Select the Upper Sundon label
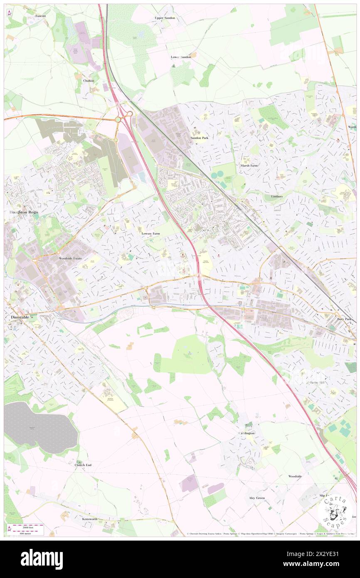(165, 18)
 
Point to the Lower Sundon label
(181, 57)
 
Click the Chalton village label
(89, 80)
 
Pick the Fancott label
(41, 16)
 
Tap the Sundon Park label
(199, 138)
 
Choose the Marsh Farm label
(249, 165)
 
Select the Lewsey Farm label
(150, 234)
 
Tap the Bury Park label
(344, 319)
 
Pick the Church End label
(83, 464)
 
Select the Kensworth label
(90, 519)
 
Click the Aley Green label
(257, 498)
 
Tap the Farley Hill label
(317, 382)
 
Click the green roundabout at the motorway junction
(118, 119)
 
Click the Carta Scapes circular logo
(335, 511)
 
